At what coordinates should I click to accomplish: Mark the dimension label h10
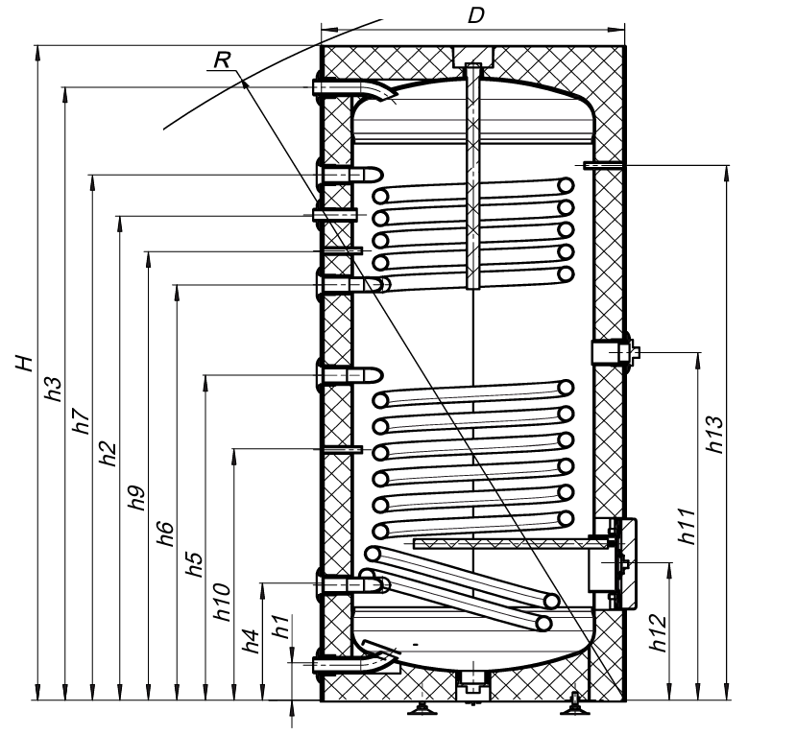point(222,602)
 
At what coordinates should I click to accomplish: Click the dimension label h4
point(251,640)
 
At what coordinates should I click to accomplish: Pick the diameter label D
point(474,15)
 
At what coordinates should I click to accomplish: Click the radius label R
point(222,60)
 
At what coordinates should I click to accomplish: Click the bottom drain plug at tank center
point(470,683)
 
